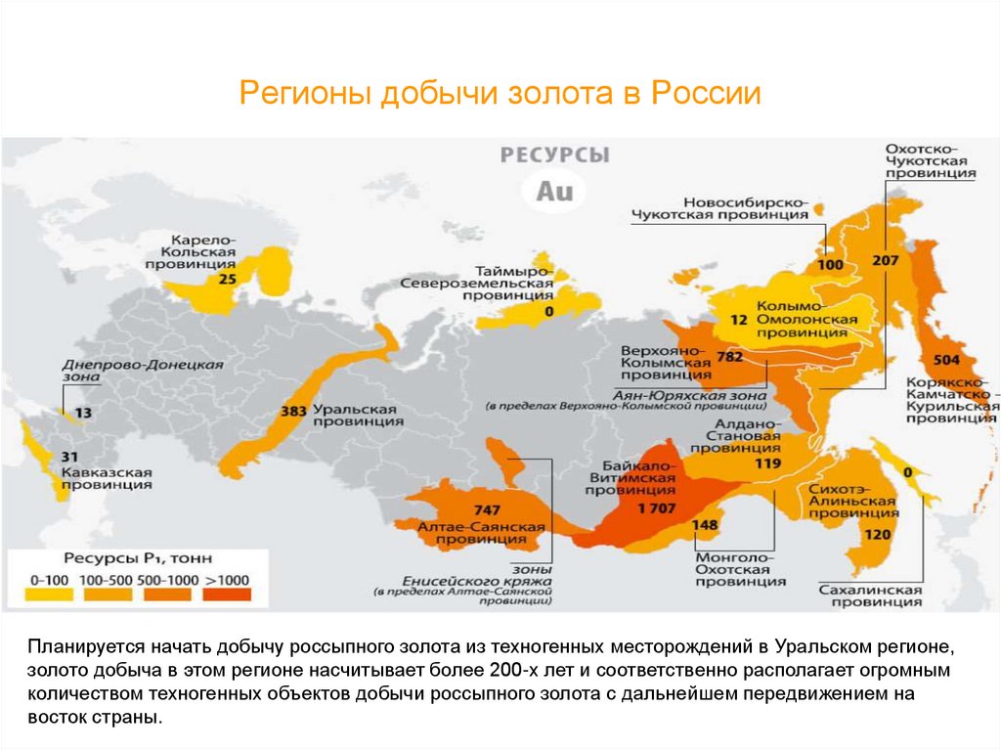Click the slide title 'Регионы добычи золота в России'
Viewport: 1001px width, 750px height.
click(x=500, y=95)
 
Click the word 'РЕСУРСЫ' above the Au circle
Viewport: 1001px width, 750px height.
click(x=554, y=155)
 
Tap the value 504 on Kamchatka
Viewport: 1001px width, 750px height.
click(x=947, y=358)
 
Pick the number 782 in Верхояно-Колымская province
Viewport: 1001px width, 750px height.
click(x=730, y=357)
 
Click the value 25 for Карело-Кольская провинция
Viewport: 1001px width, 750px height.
click(x=227, y=279)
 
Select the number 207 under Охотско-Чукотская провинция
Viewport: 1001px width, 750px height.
click(x=884, y=261)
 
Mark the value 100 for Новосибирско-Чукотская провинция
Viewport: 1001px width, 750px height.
click(x=829, y=264)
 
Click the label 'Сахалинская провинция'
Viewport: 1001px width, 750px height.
click(x=869, y=597)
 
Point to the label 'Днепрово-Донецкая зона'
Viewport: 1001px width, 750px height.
click(x=143, y=372)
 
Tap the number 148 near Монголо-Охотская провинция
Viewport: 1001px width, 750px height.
click(x=704, y=524)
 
